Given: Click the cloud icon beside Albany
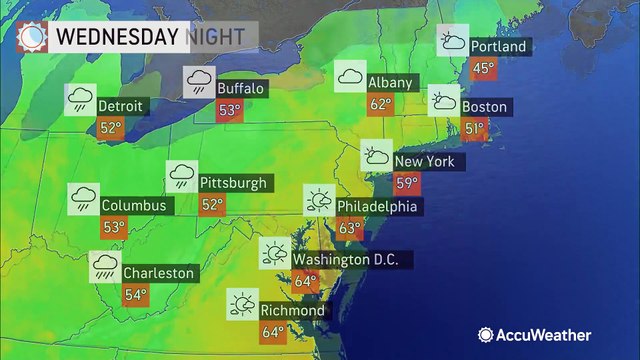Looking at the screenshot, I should click(x=350, y=76).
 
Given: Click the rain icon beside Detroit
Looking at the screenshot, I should click(x=81, y=98).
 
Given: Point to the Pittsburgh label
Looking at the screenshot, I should click(x=235, y=183).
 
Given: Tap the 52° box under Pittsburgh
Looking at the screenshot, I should click(x=213, y=205).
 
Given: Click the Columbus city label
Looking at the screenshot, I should click(x=135, y=205).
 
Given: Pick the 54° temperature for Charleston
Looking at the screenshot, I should click(x=136, y=295).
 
